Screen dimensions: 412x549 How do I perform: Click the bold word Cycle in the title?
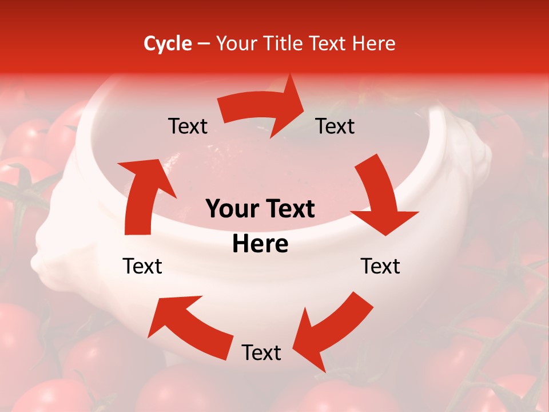[x=168, y=43]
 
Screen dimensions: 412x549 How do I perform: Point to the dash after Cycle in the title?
[x=203, y=44]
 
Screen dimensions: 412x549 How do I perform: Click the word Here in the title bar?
[x=374, y=43]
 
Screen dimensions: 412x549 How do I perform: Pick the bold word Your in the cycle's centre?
[x=231, y=209]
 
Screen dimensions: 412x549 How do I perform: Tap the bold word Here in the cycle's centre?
[x=260, y=244]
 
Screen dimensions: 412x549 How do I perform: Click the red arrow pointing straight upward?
[x=143, y=195]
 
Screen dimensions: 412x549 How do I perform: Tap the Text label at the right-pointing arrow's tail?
[x=188, y=126]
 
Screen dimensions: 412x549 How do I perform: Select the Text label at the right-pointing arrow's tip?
[x=335, y=126]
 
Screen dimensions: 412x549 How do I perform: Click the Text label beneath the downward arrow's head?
[x=380, y=266]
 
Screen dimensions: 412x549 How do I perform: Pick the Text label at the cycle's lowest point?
[x=261, y=353]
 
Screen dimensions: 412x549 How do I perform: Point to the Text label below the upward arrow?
[x=142, y=266]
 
